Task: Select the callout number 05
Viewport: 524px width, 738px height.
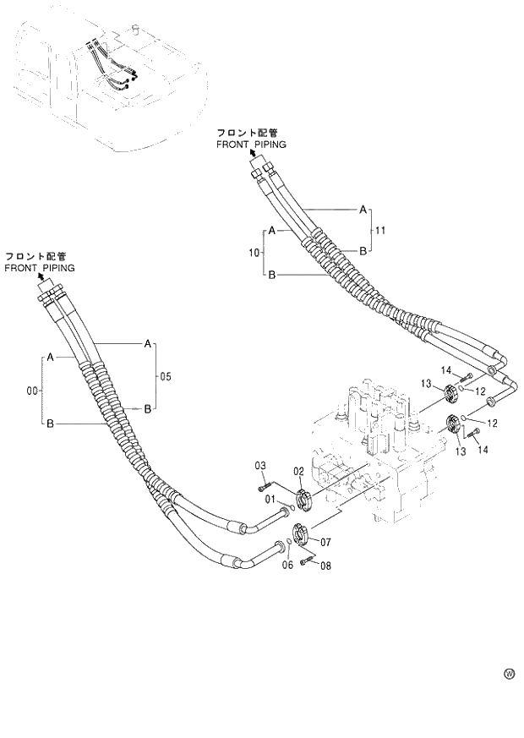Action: (x=165, y=376)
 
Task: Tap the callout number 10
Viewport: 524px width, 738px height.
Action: (x=255, y=252)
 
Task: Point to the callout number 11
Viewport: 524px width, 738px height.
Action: (x=380, y=229)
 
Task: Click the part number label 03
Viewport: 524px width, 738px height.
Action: (x=261, y=466)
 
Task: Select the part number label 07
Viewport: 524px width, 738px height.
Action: (x=324, y=542)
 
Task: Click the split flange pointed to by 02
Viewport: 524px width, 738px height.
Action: (x=305, y=498)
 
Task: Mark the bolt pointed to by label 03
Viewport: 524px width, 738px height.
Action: (x=265, y=484)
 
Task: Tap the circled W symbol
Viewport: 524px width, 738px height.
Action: (x=509, y=674)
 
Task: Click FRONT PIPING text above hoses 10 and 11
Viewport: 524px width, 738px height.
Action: (x=251, y=145)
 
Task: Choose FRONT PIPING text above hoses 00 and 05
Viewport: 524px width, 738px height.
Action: (x=39, y=267)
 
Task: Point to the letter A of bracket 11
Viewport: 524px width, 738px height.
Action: (x=363, y=209)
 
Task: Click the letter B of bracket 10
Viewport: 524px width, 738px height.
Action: (x=271, y=274)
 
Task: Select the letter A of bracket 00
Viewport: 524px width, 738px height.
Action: (x=51, y=358)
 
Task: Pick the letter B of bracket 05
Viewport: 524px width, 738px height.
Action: (x=147, y=408)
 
